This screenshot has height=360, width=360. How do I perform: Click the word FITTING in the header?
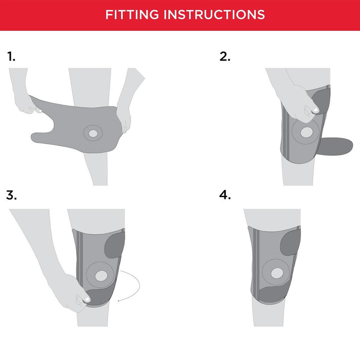tap(132, 14)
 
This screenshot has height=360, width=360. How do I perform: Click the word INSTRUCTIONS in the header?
tap(214, 14)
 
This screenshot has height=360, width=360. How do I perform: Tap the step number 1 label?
tap(11, 57)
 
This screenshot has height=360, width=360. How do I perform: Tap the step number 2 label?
tap(225, 57)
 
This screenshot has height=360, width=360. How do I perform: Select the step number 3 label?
tap(11, 195)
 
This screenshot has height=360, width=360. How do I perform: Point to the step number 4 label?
tap(225, 195)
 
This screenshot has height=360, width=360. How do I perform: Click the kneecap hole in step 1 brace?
tap(93, 133)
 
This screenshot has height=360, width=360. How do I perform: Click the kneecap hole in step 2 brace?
tap(307, 132)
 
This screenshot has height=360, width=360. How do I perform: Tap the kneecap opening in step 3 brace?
tap(101, 276)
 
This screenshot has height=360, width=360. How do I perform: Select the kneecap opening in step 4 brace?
tap(277, 273)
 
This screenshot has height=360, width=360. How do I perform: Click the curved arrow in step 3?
tap(139, 285)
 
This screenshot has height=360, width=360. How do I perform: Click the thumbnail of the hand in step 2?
tap(316, 110)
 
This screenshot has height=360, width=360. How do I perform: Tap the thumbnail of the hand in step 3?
tap(87, 299)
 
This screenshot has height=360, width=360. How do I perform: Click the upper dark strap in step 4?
tap(291, 243)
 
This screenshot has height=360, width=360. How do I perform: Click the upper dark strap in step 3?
tap(115, 245)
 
